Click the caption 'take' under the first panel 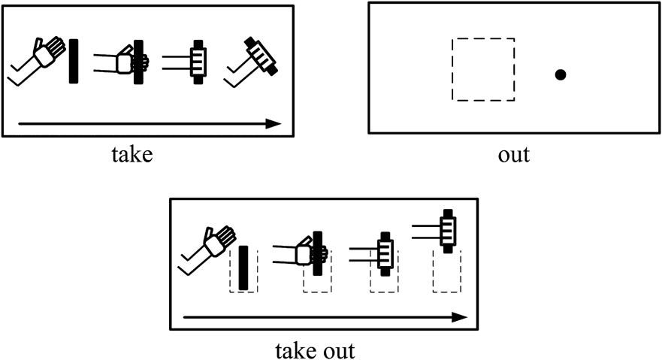pos(132,155)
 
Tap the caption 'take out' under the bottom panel pos(315,351)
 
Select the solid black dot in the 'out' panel pos(561,74)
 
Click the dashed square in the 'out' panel pos(483,70)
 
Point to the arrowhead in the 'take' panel pos(274,124)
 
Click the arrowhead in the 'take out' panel pos(459,317)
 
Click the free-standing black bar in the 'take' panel pos(74,61)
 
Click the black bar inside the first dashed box pos(243,268)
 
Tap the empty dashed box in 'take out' pos(446,271)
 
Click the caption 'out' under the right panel pos(514,155)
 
